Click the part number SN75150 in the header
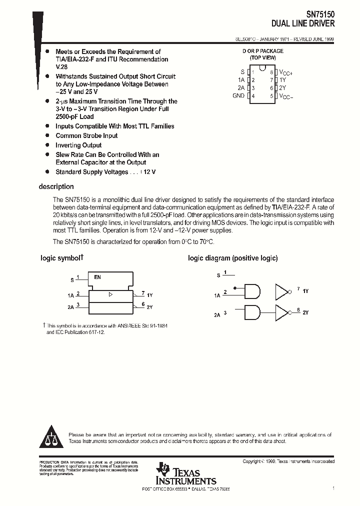coord(320,15)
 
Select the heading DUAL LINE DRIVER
coord(303,23)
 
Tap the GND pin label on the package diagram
coord(238,95)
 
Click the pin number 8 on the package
coord(271,72)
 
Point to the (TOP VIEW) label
coord(262,57)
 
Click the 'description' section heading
coord(56,186)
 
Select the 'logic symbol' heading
coord(61,258)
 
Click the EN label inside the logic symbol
coord(97,276)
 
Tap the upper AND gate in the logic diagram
coord(252,291)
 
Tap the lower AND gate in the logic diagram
coord(252,313)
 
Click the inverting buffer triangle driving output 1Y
coord(282,291)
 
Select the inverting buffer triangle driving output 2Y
coord(282,313)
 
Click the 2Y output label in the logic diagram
coord(305,312)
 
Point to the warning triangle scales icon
coord(51,438)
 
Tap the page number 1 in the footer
coord(332,487)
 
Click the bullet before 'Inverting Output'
coord(47,145)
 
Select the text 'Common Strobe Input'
coord(86,135)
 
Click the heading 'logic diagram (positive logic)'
coord(232,258)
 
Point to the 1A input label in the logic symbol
coord(70,295)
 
